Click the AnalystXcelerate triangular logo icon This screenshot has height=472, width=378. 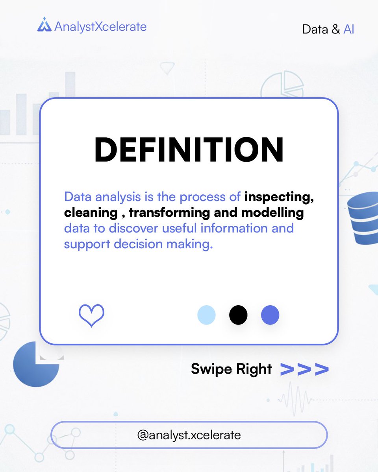point(44,25)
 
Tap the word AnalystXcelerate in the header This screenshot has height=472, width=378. point(100,26)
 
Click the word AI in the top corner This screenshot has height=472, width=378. point(349,29)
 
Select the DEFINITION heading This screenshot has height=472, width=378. point(189,150)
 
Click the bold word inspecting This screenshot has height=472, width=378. point(279,197)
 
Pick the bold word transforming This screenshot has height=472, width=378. point(169,213)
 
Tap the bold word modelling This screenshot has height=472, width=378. point(272,213)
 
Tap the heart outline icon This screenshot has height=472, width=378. point(91,315)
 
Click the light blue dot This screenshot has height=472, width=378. point(206,315)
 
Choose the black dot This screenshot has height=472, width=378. point(238,315)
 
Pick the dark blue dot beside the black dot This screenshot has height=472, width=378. point(270,315)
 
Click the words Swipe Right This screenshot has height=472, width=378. point(232,369)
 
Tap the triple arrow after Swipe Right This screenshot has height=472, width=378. point(304,369)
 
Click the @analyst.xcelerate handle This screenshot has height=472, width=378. point(189,435)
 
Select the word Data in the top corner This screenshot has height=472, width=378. point(315,29)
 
